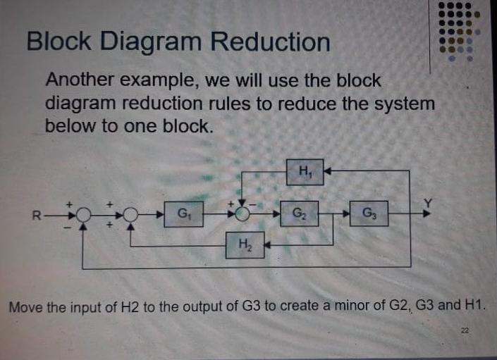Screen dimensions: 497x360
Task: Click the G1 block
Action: [183, 212]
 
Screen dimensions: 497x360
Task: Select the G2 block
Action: [300, 212]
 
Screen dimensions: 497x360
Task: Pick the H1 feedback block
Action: [305, 170]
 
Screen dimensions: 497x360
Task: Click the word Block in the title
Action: [59, 42]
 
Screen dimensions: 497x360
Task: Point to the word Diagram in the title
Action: [152, 42]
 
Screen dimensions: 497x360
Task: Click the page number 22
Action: [465, 330]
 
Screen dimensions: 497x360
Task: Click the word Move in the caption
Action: [25, 307]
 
